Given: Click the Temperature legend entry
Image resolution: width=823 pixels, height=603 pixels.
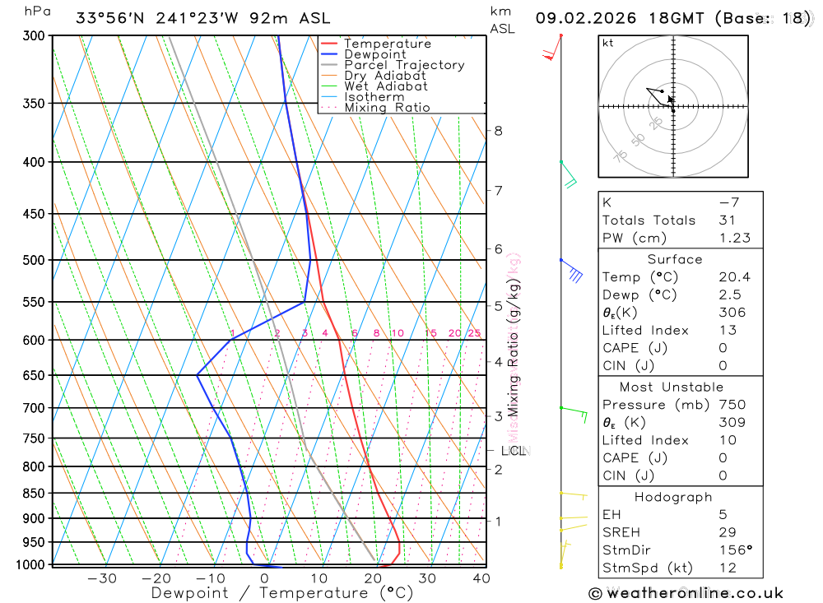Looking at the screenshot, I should point(387,44).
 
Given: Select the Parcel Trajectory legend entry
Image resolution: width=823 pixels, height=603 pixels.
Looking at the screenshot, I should point(404,65).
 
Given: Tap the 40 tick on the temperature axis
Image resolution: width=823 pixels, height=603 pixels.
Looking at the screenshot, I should point(481,578).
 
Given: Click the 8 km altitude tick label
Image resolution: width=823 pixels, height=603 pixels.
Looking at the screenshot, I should point(499,131).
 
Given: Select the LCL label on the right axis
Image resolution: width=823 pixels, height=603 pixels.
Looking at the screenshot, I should point(514,451).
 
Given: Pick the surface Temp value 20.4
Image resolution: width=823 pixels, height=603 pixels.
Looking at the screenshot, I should point(734,277).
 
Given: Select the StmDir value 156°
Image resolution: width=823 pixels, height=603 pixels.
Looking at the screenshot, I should point(734,550).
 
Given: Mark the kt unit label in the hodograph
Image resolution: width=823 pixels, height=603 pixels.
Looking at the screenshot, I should point(608,43).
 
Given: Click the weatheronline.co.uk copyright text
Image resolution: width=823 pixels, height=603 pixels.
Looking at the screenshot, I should point(686,593).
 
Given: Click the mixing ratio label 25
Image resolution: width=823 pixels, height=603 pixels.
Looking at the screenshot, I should point(474,333).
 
